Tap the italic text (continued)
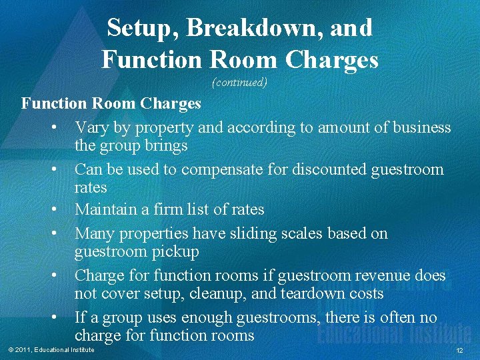coord(239,83)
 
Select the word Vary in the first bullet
coord(91,127)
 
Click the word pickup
coord(177,251)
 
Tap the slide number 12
coord(459,351)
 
